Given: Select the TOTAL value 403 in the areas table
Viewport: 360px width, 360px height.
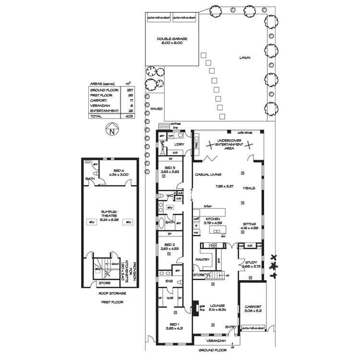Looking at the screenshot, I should tap(129, 116).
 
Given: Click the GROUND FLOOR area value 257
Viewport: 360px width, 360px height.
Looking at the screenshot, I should tap(129, 90).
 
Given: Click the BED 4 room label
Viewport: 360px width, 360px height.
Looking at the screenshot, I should tap(120, 170).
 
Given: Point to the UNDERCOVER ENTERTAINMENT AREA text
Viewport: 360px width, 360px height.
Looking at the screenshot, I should tap(229, 144).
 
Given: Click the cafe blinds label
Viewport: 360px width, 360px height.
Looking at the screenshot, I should tap(245, 132).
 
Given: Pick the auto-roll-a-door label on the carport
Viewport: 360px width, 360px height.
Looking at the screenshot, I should tap(253, 329).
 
